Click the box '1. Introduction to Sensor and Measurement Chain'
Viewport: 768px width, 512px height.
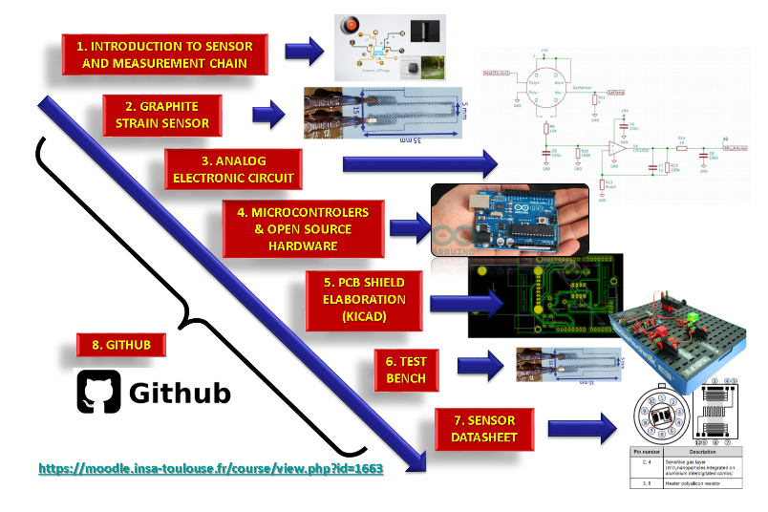point(164,54)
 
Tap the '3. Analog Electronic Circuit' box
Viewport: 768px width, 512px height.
point(233,168)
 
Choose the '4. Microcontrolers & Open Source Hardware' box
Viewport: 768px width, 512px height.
point(303,226)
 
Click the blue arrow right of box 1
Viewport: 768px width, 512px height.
point(305,53)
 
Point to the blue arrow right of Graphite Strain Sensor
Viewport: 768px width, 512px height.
point(270,116)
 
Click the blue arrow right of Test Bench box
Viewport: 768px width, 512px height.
point(480,366)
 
